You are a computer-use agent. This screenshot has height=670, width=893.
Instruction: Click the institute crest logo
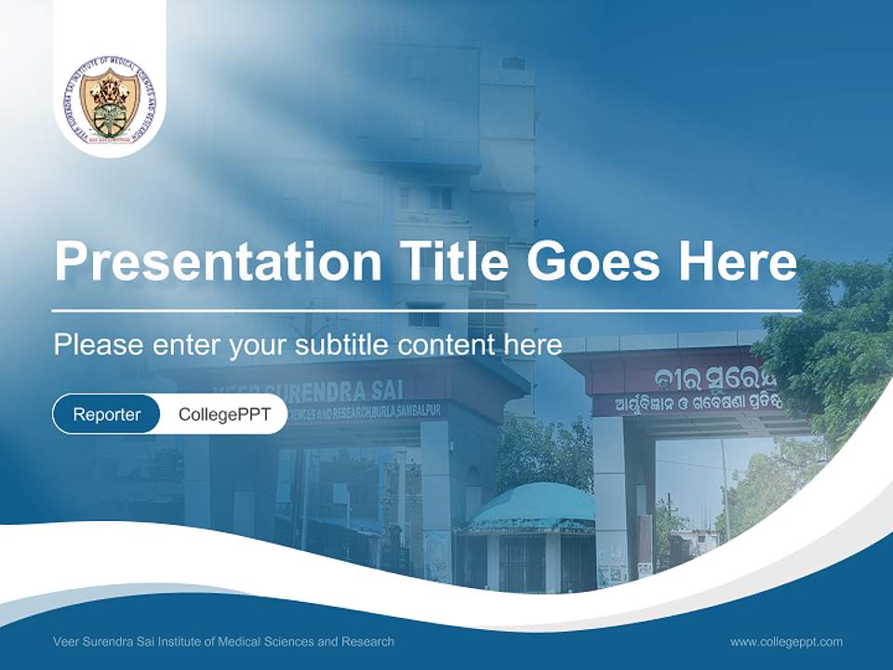coord(110,100)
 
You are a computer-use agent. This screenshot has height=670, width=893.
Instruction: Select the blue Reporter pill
coord(106,414)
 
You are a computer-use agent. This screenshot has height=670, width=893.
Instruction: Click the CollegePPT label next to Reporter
coord(224,414)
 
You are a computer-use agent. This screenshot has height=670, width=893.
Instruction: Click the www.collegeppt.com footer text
coord(786,641)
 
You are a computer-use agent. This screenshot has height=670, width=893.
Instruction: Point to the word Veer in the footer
coord(66,641)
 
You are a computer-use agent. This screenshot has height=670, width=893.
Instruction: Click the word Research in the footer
coord(369,641)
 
